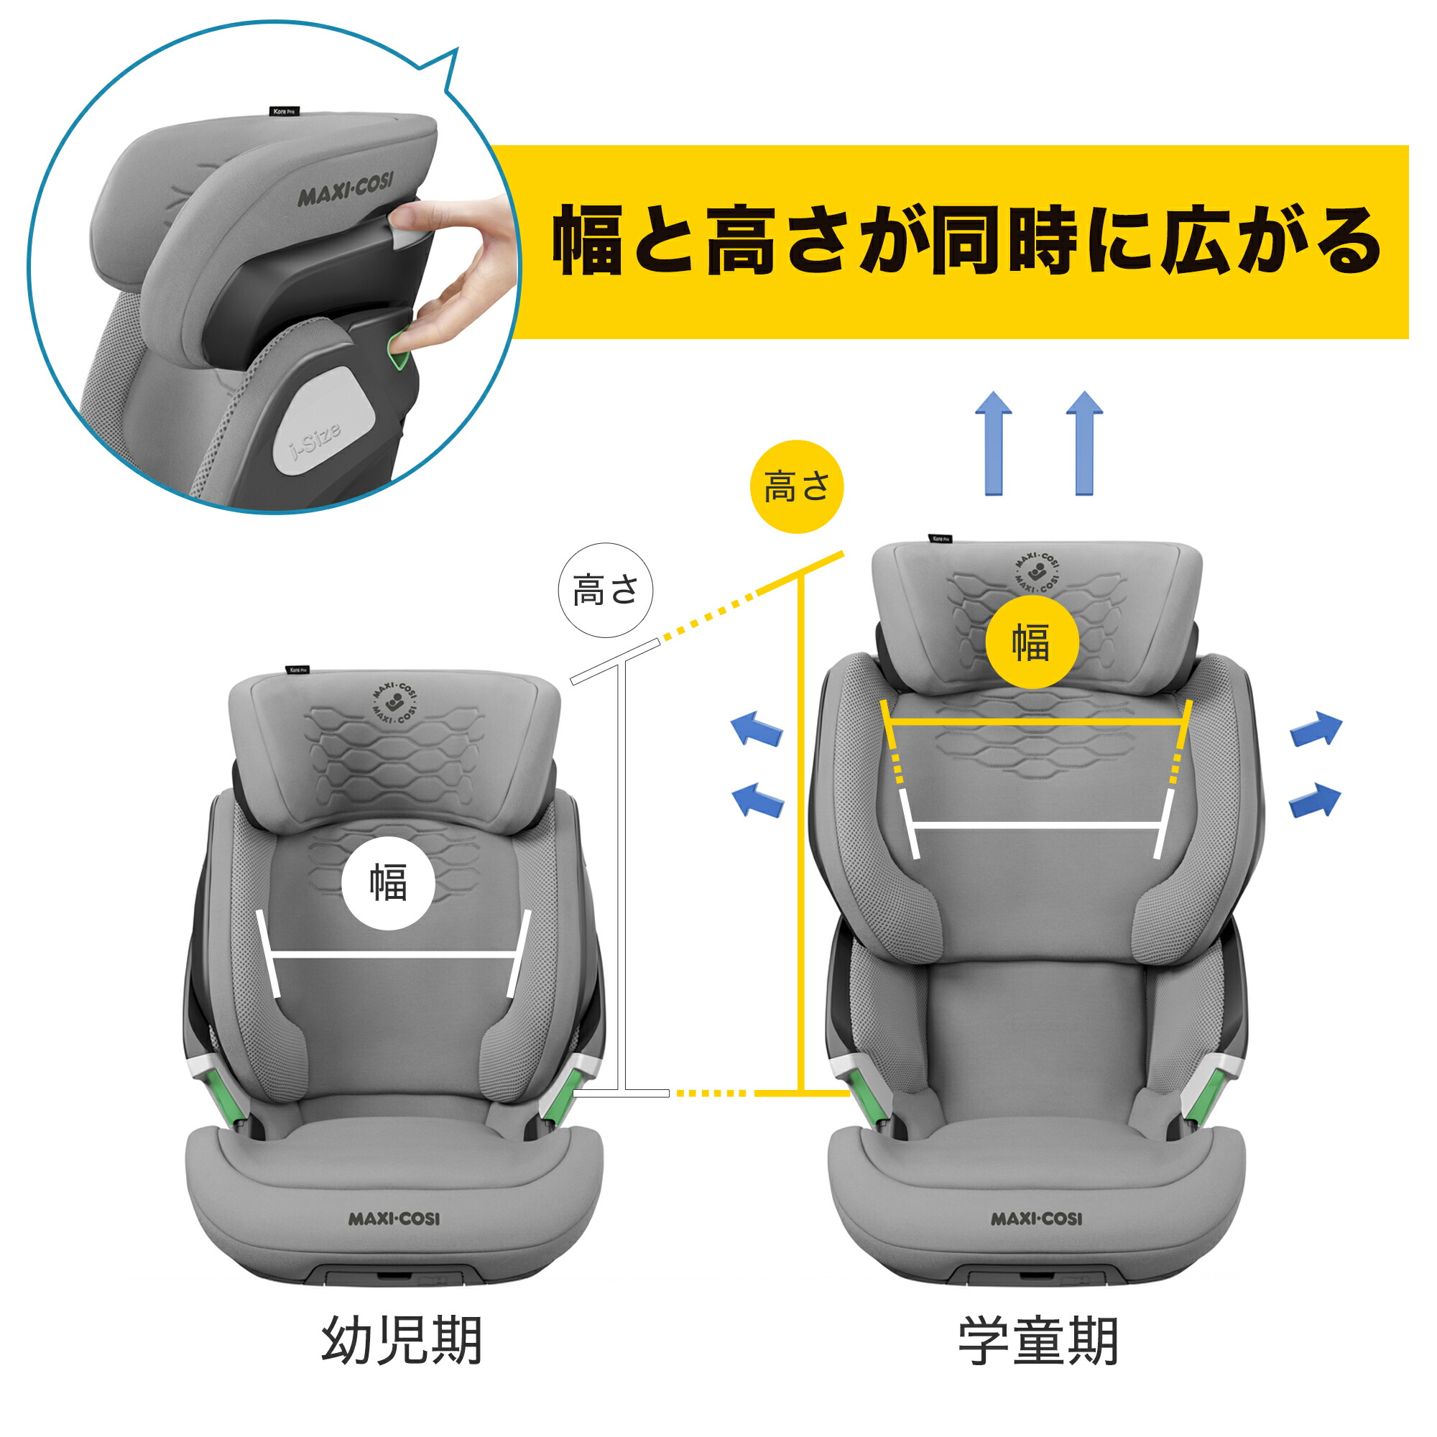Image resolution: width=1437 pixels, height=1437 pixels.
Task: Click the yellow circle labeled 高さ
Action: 797,486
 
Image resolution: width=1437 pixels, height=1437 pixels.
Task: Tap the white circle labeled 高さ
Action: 606,591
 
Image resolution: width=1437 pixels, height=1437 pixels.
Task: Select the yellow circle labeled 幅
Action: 1032,642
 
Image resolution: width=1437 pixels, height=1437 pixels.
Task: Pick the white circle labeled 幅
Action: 389,883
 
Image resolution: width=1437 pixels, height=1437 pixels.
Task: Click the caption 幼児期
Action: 402,1341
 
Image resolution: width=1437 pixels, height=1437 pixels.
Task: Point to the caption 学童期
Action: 1038,1341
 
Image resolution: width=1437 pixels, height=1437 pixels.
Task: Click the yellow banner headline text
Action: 966,241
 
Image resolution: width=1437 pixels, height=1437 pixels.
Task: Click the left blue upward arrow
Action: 994,443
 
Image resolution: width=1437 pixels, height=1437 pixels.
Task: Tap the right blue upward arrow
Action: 1084,443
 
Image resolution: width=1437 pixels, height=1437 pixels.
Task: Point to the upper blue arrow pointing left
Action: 757,728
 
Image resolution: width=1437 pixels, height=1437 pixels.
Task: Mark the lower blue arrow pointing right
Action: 1315,800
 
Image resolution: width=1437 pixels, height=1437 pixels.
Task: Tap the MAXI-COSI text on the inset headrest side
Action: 346,189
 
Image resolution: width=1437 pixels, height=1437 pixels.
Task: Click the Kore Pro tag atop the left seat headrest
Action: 297,670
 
